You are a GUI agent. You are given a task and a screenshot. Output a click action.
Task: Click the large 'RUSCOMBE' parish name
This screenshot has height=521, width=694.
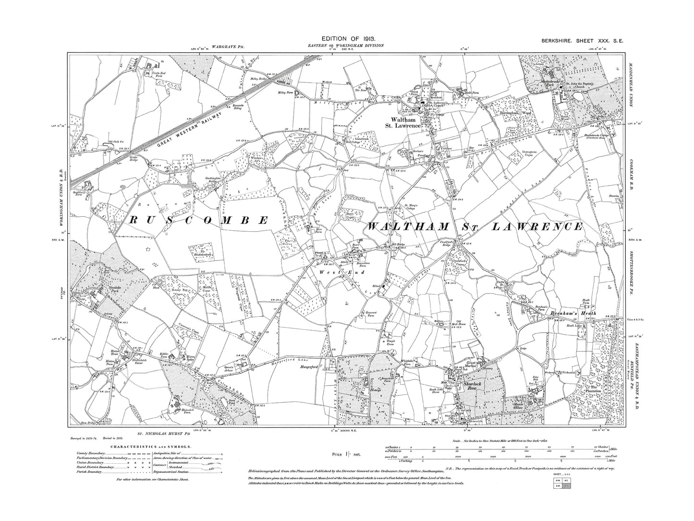click(x=198, y=221)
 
